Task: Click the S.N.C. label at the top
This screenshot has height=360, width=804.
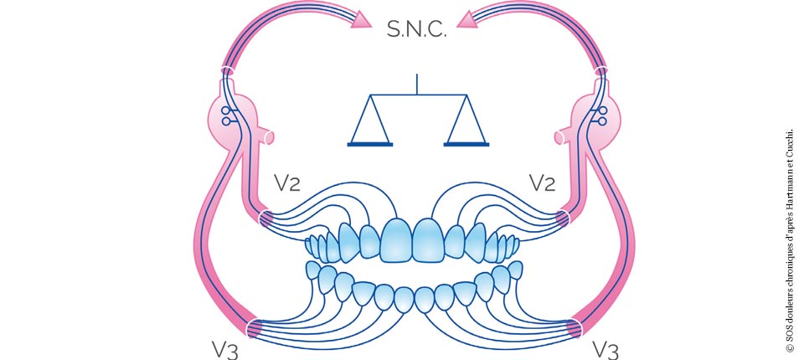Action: (x=417, y=31)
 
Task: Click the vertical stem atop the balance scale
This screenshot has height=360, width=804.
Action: (x=417, y=85)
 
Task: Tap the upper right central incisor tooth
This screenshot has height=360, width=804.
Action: (x=429, y=239)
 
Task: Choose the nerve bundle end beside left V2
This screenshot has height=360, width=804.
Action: (x=266, y=219)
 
